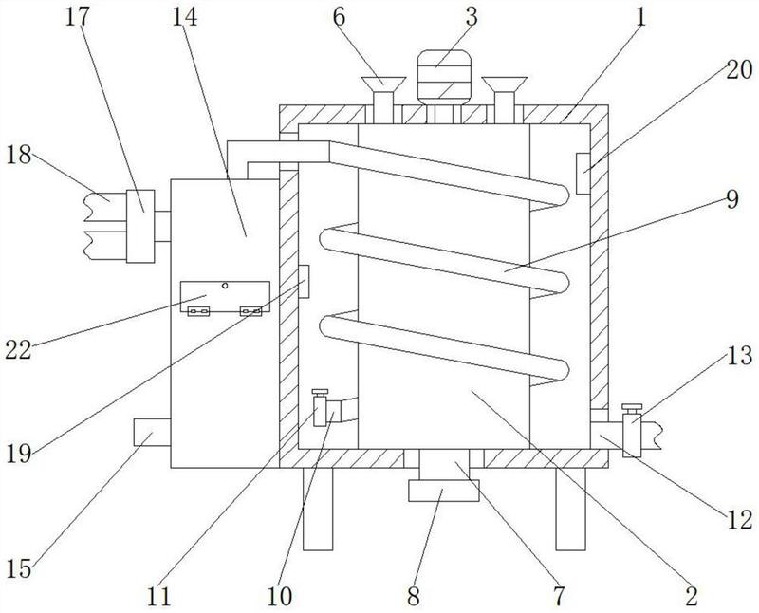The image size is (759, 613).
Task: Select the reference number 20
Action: (x=739, y=69)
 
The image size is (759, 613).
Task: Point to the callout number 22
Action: (x=18, y=349)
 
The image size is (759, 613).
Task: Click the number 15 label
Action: (x=19, y=568)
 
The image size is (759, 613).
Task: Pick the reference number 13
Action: (x=740, y=356)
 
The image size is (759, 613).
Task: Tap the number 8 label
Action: (x=413, y=597)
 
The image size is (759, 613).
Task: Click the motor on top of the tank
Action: (x=444, y=77)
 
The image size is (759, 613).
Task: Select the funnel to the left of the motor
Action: (x=383, y=100)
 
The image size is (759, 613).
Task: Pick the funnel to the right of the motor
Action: (x=505, y=100)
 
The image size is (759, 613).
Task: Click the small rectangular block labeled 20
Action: (x=583, y=174)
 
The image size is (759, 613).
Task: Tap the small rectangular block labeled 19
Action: (x=304, y=281)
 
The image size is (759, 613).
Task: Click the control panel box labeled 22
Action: (x=225, y=296)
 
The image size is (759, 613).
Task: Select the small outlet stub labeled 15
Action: (x=152, y=433)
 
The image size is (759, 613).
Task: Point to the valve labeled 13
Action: (x=632, y=430)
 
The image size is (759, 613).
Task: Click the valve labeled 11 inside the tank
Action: (x=320, y=408)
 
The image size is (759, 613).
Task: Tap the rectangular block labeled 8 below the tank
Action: (x=444, y=491)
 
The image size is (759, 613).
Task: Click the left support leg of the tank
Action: (x=318, y=509)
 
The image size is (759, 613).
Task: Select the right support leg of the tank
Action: (x=571, y=509)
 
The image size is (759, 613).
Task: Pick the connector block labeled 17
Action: (x=140, y=226)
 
